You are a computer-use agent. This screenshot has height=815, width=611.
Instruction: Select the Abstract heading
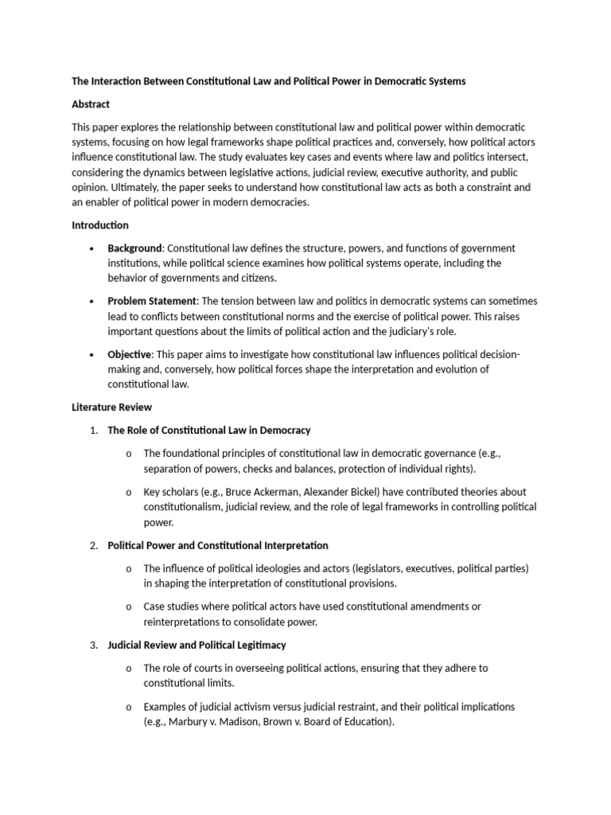[91, 104]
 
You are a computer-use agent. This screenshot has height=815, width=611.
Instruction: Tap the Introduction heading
[99, 225]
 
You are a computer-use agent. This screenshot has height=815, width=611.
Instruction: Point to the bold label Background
[135, 248]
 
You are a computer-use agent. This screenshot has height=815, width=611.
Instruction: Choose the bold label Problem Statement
[152, 301]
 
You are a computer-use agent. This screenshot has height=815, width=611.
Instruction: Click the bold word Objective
[130, 354]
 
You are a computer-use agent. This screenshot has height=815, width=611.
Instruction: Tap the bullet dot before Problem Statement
[94, 302]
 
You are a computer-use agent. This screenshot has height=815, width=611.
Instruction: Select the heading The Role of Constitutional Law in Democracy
[208, 431]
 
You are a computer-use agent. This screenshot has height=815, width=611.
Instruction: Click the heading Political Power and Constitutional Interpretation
[217, 545]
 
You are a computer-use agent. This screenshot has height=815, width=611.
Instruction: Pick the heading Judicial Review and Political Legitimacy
[197, 645]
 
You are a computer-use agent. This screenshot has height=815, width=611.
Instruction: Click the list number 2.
[93, 545]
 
